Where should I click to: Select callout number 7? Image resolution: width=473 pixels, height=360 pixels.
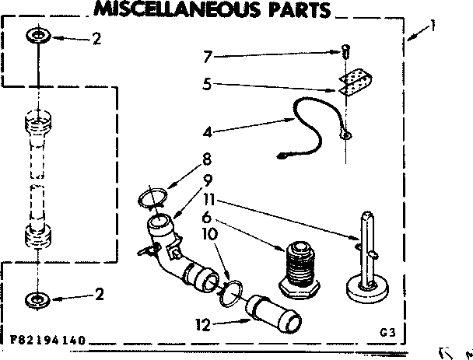(207, 56)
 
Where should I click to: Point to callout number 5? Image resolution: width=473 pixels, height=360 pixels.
(207, 84)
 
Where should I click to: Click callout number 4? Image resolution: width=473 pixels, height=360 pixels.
(207, 132)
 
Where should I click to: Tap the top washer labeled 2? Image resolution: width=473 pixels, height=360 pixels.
(37, 37)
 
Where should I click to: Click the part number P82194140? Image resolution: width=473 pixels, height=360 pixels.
(48, 341)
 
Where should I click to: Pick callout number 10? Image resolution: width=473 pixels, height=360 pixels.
(208, 233)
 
